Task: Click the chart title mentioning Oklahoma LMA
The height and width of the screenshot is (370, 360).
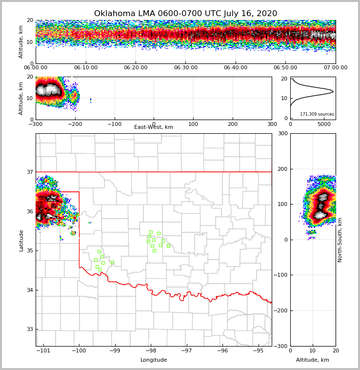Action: coord(185,14)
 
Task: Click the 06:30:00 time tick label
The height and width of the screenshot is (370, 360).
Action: coord(186,68)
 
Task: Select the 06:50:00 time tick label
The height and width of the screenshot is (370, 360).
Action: coord(285,68)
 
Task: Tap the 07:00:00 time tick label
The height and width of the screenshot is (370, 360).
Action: coord(336,68)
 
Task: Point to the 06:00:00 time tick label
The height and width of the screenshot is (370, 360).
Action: coord(36,68)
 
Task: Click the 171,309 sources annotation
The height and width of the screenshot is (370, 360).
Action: coord(317,114)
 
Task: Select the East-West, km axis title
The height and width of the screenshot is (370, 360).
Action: coord(154,127)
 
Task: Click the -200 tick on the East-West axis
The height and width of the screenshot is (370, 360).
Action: coord(75,124)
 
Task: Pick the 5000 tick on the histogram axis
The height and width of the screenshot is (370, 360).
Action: coord(324,124)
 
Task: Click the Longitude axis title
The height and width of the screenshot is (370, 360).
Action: coord(154,360)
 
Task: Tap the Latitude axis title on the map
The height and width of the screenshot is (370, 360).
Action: coord(21,240)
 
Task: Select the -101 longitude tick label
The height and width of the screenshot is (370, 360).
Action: coord(44,350)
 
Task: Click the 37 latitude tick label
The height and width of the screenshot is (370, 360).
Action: coord(29,172)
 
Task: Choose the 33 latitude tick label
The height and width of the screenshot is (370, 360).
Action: coord(29,329)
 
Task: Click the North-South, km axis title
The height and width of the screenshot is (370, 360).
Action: coord(340,240)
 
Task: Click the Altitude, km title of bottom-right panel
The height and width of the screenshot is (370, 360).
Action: coord(313,360)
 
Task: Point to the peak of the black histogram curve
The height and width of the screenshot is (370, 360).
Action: coord(333,91)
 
